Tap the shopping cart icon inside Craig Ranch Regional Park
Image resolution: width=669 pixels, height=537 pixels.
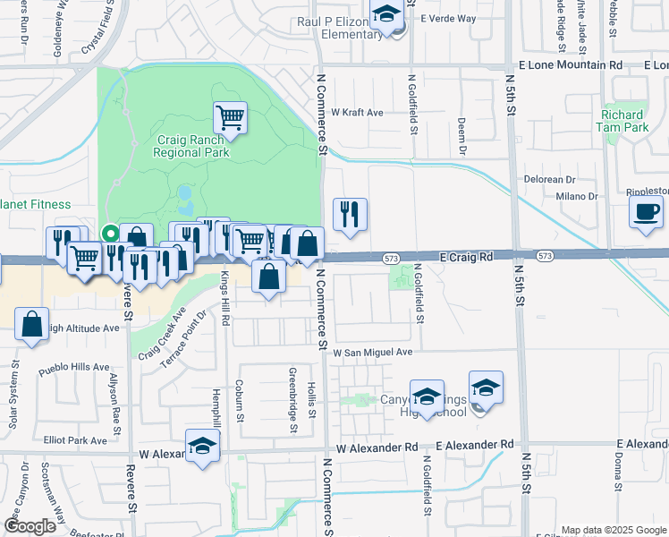pyautogui.click(x=230, y=117)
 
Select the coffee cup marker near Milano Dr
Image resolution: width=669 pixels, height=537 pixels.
pyautogui.click(x=646, y=211)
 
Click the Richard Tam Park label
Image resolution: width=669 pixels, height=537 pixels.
pyautogui.click(x=623, y=121)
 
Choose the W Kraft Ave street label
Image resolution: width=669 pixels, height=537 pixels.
pyautogui.click(x=357, y=113)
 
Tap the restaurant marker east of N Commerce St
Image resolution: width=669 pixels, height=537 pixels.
pyautogui.click(x=350, y=213)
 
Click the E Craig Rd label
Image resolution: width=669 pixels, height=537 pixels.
pyautogui.click(x=468, y=256)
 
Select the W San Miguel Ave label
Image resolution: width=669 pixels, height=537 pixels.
pyautogui.click(x=373, y=353)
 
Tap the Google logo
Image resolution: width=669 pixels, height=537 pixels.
pyautogui.click(x=30, y=525)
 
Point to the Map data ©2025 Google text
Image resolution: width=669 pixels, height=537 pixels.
pyautogui.click(x=613, y=530)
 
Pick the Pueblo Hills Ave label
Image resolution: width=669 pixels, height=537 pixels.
pyautogui.click(x=75, y=367)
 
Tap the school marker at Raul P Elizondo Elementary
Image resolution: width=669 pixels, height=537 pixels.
pyautogui.click(x=387, y=15)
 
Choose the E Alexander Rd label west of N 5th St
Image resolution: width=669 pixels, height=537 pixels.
pyautogui.click(x=476, y=445)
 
